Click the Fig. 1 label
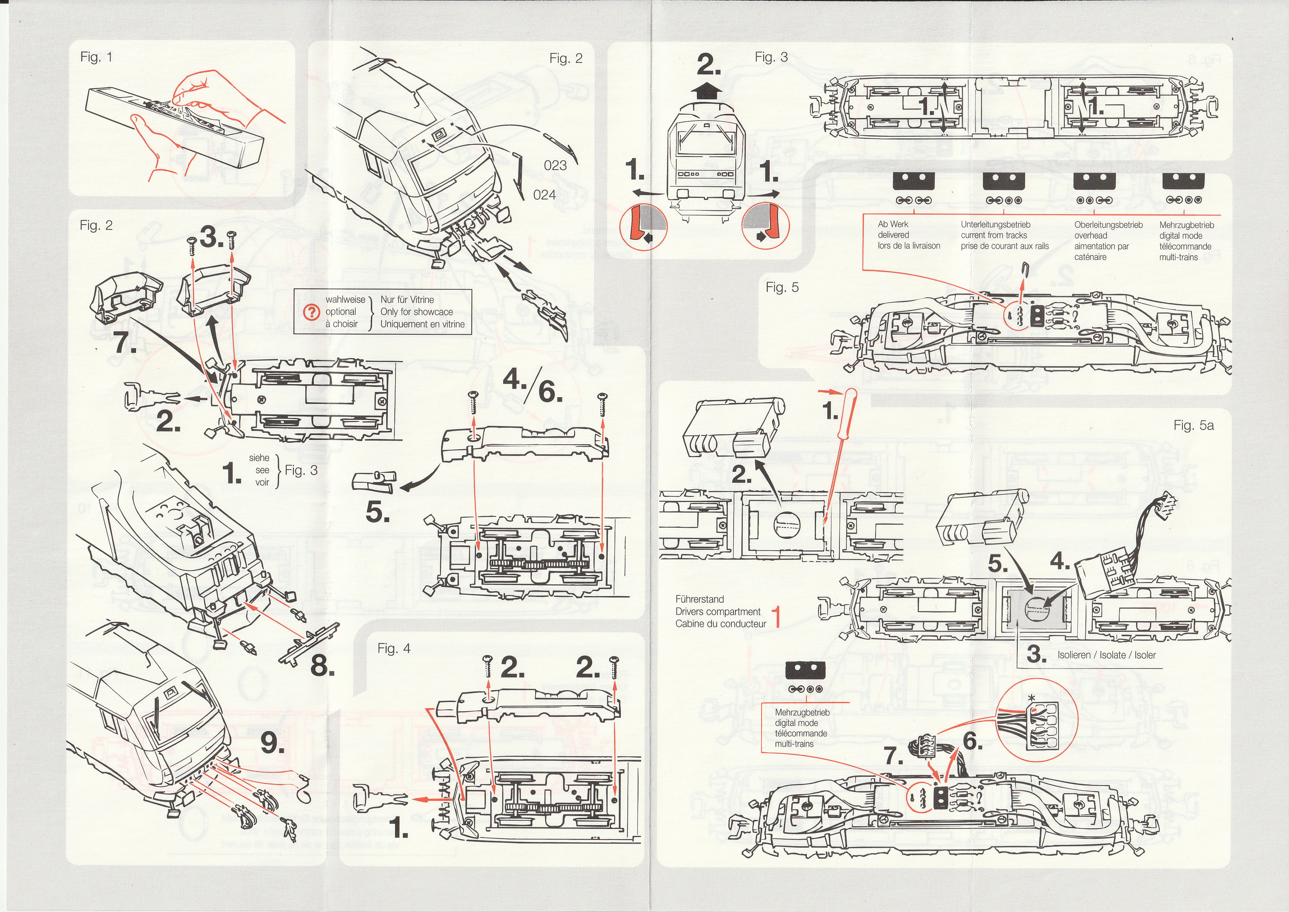(x=97, y=57)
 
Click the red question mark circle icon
(x=311, y=312)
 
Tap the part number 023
(x=555, y=165)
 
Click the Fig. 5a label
(x=1193, y=426)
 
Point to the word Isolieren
(x=1073, y=655)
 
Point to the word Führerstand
(x=699, y=599)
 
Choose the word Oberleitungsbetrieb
(x=1108, y=225)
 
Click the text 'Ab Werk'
(x=893, y=224)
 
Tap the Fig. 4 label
(x=394, y=649)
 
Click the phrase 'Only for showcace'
(x=416, y=312)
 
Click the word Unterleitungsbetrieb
(x=995, y=225)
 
